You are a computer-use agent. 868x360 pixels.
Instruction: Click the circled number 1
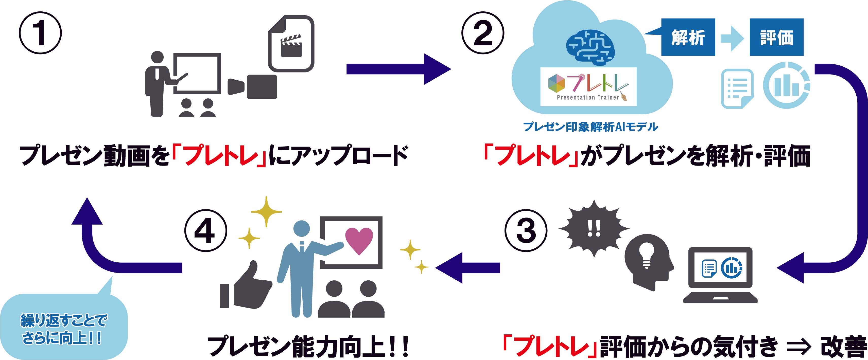pos(40,33)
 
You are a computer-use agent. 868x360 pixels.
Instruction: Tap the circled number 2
pos(482,33)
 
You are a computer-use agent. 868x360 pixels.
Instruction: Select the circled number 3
pos(526,230)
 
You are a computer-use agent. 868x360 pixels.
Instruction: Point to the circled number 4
pos(205,230)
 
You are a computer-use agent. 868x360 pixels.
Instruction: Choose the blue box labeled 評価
pos(776,37)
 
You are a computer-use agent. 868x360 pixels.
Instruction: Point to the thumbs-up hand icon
pos(248,288)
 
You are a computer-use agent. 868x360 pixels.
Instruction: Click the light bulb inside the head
pos(646,254)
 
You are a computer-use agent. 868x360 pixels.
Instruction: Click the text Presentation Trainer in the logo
pos(588,97)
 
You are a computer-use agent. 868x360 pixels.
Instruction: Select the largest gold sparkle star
pos(266,211)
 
